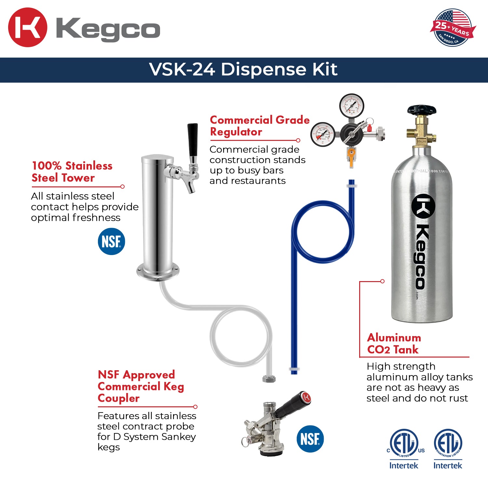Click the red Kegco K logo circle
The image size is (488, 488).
(27, 27)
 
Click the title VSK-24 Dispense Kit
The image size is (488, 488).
(243, 70)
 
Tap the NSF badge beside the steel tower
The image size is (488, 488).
(111, 241)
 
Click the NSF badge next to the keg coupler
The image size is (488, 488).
(310, 439)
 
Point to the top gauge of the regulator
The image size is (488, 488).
(352, 105)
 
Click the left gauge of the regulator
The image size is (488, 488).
(323, 134)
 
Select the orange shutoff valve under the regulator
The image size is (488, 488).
(351, 156)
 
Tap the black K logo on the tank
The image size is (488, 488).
(423, 206)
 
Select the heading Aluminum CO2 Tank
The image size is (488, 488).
(394, 344)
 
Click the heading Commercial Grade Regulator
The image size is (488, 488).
(259, 126)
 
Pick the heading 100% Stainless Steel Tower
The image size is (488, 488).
(72, 172)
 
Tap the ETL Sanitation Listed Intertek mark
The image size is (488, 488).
(448, 449)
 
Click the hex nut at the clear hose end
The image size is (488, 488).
(269, 379)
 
